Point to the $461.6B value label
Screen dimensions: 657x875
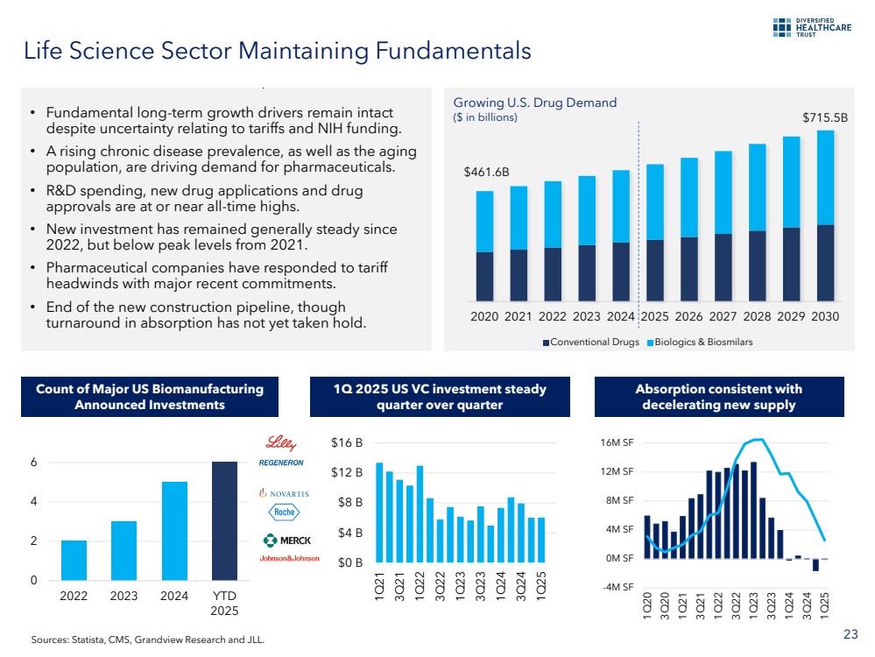point(486,173)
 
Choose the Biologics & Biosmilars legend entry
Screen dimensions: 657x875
point(699,342)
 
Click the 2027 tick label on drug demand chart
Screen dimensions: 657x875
point(723,316)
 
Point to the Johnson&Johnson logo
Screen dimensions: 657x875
point(289,558)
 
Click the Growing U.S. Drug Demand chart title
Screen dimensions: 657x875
point(534,102)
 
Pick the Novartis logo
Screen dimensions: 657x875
point(285,493)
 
